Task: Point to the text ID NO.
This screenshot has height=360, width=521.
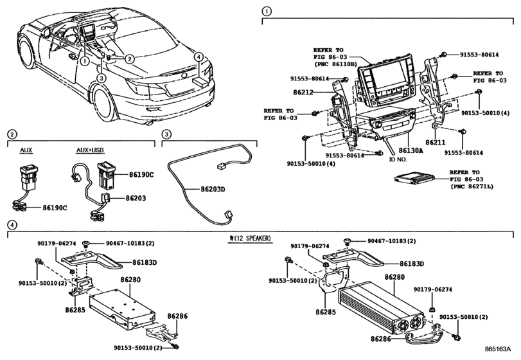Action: click(x=399, y=158)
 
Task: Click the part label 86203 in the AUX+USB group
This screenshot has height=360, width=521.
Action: click(x=139, y=200)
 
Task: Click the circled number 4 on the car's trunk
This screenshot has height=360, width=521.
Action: click(x=200, y=57)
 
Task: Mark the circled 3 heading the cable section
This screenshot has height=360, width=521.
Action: click(x=166, y=134)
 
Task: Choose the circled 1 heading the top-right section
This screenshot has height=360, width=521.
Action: click(x=267, y=11)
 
